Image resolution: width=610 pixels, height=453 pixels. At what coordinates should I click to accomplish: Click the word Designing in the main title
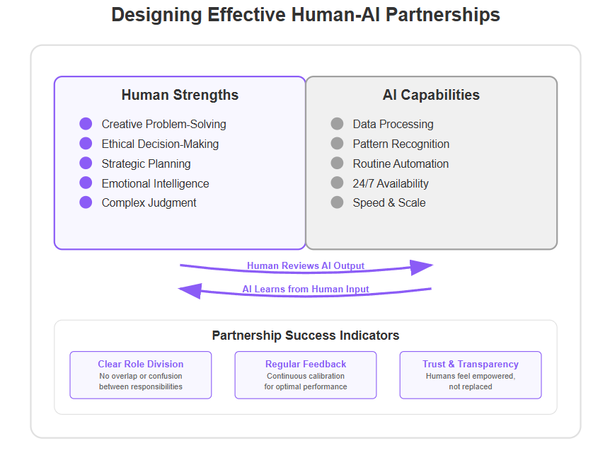click(156, 16)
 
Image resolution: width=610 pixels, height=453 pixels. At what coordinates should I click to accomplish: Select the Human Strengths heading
click(180, 95)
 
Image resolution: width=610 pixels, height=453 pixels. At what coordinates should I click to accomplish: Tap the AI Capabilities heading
click(431, 95)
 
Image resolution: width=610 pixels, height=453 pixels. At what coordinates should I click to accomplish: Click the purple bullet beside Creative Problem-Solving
click(86, 124)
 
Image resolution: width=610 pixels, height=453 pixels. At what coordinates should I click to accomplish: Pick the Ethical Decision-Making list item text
click(160, 144)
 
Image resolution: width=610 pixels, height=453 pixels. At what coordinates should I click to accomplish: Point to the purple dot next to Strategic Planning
click(86, 163)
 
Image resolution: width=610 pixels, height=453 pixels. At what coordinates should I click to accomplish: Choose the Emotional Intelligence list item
click(155, 183)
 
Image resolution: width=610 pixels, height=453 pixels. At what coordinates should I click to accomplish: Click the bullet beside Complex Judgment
click(86, 202)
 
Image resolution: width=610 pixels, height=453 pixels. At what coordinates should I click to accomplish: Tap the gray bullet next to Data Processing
click(337, 124)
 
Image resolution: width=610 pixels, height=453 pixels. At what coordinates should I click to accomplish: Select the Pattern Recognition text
click(401, 144)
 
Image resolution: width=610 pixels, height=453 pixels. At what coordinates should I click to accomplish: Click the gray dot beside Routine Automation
click(337, 163)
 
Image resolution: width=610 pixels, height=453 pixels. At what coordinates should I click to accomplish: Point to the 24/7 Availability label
click(391, 183)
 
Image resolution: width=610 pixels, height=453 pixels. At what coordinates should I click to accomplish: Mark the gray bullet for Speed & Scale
click(337, 202)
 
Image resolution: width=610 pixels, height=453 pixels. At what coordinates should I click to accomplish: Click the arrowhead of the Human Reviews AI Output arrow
click(422, 267)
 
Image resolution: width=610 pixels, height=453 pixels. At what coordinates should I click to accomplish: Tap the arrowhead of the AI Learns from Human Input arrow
click(190, 290)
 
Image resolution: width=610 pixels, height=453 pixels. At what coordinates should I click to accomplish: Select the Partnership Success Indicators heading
click(306, 336)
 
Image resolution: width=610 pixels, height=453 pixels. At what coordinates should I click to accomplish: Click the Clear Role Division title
click(140, 364)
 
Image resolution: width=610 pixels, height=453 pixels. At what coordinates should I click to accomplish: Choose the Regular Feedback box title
click(306, 364)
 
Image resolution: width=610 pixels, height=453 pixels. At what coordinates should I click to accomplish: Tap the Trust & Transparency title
click(471, 364)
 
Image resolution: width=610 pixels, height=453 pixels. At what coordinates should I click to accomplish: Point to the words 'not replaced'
click(471, 386)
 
